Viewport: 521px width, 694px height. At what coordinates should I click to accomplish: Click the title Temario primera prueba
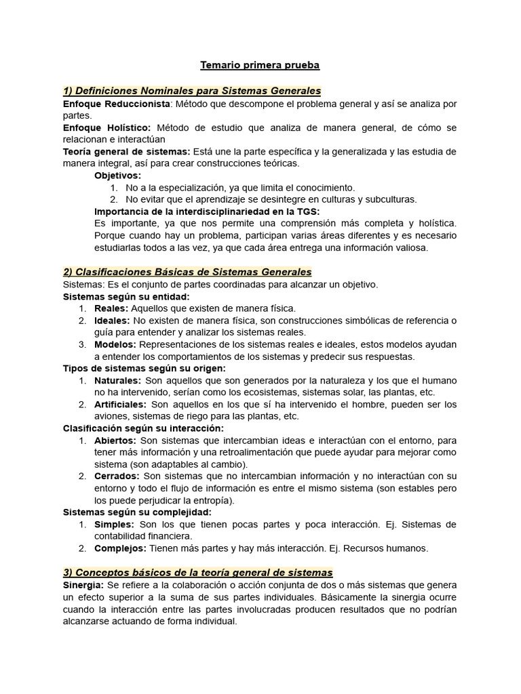(x=260, y=65)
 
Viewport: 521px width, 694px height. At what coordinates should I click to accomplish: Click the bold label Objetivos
(x=117, y=176)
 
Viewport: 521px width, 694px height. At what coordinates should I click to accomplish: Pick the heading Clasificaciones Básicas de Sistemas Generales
(x=187, y=272)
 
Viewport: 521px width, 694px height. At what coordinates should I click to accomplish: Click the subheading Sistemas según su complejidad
(x=137, y=512)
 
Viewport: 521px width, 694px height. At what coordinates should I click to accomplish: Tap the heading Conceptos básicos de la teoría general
(x=197, y=573)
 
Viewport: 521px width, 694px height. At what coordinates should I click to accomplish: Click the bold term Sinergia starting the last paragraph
(x=83, y=585)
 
